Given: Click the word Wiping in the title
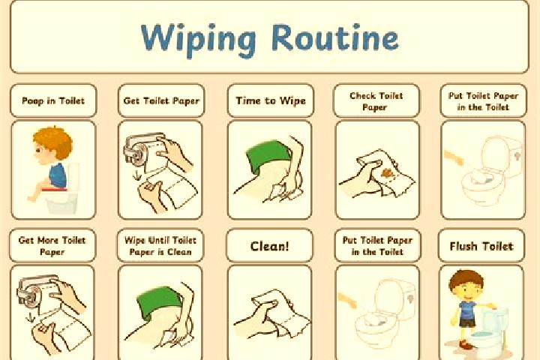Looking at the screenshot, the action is point(198,39).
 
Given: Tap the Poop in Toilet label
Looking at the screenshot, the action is point(53,101).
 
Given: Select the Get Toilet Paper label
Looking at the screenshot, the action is point(161,101).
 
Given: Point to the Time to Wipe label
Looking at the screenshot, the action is point(271,101).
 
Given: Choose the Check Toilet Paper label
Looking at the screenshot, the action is point(376,101).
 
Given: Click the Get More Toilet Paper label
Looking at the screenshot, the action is point(52,246).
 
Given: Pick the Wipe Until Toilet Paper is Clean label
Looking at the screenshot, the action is point(160,246).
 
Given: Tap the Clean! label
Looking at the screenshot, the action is point(270,246).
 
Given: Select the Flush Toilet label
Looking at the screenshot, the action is point(481,246).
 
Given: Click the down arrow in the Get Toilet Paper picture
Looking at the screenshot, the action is point(136,175).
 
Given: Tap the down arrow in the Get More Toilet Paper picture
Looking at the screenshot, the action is point(30,317).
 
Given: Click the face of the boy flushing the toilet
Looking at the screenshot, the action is point(467,290).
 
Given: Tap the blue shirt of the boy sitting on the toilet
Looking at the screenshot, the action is point(58,175).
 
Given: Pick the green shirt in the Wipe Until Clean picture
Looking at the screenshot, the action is point(158,302).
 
